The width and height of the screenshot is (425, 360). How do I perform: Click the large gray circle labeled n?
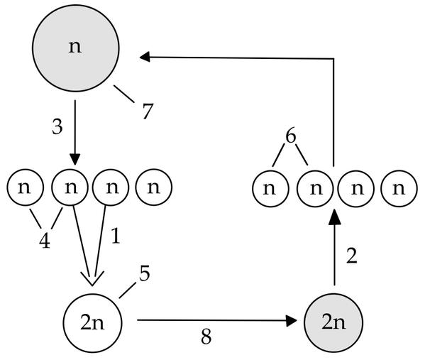click(x=76, y=48)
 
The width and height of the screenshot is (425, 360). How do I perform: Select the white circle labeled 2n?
click(x=93, y=323)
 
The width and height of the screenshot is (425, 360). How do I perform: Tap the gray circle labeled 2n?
click(x=333, y=322)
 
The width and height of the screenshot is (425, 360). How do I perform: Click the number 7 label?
click(x=148, y=111)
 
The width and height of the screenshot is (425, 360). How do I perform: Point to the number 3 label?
click(x=57, y=126)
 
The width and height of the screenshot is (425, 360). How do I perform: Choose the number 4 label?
click(x=45, y=241)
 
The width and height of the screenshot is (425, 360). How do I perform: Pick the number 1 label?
click(x=116, y=236)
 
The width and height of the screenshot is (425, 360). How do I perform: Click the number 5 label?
click(x=145, y=273)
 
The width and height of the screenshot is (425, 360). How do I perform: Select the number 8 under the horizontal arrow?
click(x=206, y=337)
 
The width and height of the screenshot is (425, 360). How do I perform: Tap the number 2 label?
click(x=352, y=256)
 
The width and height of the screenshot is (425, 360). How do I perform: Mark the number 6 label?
click(x=291, y=136)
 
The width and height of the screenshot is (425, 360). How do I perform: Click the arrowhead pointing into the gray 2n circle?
click(x=292, y=321)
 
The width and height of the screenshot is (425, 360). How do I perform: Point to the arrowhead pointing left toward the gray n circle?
click(x=145, y=57)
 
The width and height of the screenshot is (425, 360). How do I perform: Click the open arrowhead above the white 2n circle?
click(x=92, y=279)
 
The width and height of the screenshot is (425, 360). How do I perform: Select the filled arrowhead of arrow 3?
click(x=75, y=159)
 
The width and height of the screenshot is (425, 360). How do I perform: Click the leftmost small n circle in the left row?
click(x=26, y=187)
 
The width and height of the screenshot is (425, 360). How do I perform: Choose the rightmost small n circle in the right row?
click(x=399, y=189)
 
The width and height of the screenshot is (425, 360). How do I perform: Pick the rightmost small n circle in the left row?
click(x=154, y=187)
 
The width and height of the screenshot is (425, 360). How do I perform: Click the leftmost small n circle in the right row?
click(x=270, y=189)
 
